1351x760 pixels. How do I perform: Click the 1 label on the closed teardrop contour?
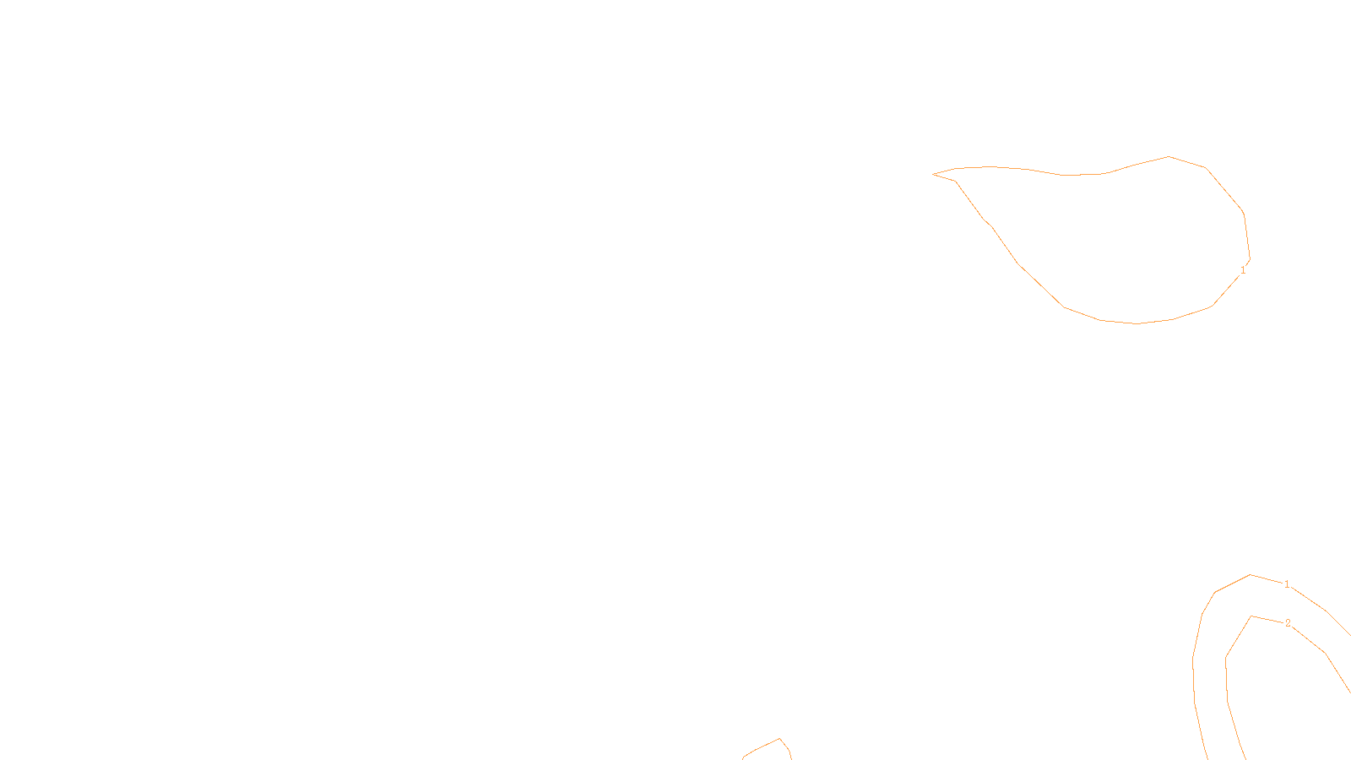pos(1242,270)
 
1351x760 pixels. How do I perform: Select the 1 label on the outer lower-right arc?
pos(1287,584)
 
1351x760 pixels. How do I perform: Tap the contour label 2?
pos(1288,623)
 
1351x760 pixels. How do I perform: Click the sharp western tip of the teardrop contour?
pos(933,174)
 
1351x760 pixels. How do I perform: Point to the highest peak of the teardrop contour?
pos(1169,156)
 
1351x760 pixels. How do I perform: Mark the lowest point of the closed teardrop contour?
pos(1137,323)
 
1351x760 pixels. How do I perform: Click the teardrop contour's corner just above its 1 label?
pos(1250,258)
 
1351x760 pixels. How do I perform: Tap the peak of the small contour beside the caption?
pos(779,739)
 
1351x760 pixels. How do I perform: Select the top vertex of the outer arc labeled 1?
pos(1251,575)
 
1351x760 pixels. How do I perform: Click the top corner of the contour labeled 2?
pos(1251,616)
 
